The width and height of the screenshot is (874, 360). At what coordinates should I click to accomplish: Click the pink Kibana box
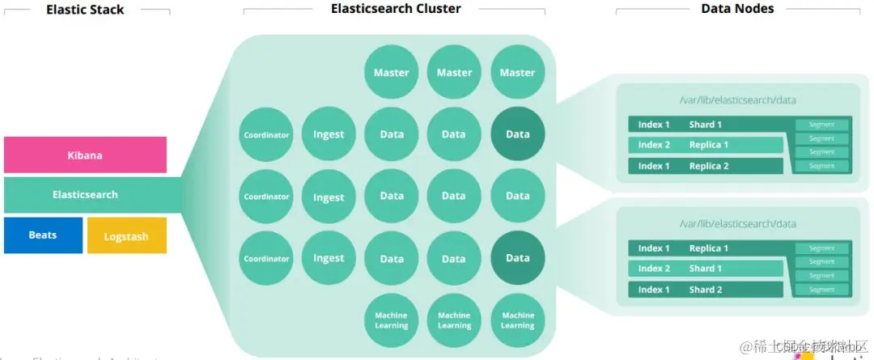tap(85, 155)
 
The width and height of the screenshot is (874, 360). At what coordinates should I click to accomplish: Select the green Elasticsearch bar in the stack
tap(85, 195)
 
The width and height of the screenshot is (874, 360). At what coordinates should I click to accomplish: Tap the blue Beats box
tap(43, 235)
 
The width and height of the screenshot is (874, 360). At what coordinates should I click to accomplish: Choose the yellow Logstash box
tap(126, 236)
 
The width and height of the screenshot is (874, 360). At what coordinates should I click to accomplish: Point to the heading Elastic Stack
tap(84, 11)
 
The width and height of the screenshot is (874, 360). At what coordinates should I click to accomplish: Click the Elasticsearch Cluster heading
tap(396, 9)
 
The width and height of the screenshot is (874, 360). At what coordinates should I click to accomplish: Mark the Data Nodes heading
tap(737, 9)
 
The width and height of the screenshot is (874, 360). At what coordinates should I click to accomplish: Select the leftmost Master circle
tap(392, 72)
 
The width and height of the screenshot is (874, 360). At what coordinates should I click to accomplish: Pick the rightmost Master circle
tap(517, 72)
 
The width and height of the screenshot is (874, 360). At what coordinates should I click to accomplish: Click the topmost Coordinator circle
tap(266, 134)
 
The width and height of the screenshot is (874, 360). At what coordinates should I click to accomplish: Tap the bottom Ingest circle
tap(329, 259)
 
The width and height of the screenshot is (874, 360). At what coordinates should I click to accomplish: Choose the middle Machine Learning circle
tap(454, 320)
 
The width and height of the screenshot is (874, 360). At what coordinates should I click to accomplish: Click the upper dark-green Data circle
tap(517, 134)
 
